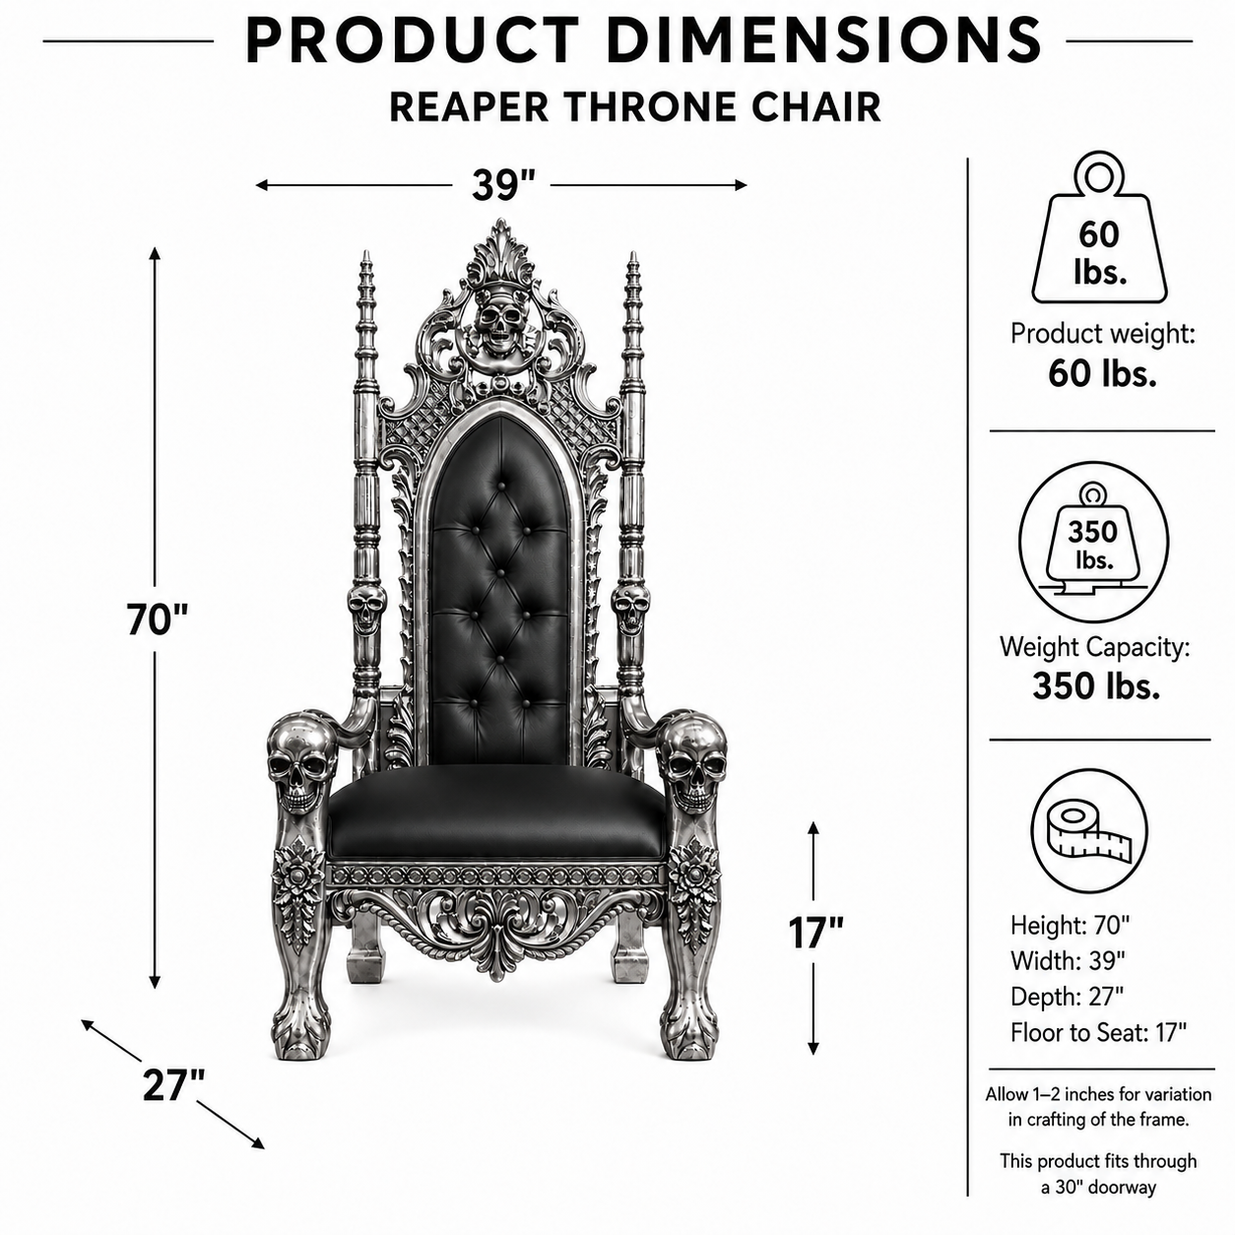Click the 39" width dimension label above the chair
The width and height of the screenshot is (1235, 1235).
pos(502,184)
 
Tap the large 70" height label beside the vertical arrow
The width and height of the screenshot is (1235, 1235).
pos(157,619)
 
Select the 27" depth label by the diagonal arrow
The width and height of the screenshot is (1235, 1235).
pos(173,1085)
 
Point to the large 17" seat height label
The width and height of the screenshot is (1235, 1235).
pos(815,933)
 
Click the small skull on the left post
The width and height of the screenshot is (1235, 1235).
pos(366,607)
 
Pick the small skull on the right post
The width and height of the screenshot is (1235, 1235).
pos(630,607)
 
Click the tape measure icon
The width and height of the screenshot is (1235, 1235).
pos(1089,832)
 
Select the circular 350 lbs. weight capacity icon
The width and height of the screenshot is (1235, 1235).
pos(1093,543)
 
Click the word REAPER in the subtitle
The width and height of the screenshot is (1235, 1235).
pos(469,107)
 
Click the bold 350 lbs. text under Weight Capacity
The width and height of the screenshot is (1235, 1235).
pos(1096,685)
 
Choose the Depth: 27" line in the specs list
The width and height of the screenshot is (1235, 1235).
pos(1068,997)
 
